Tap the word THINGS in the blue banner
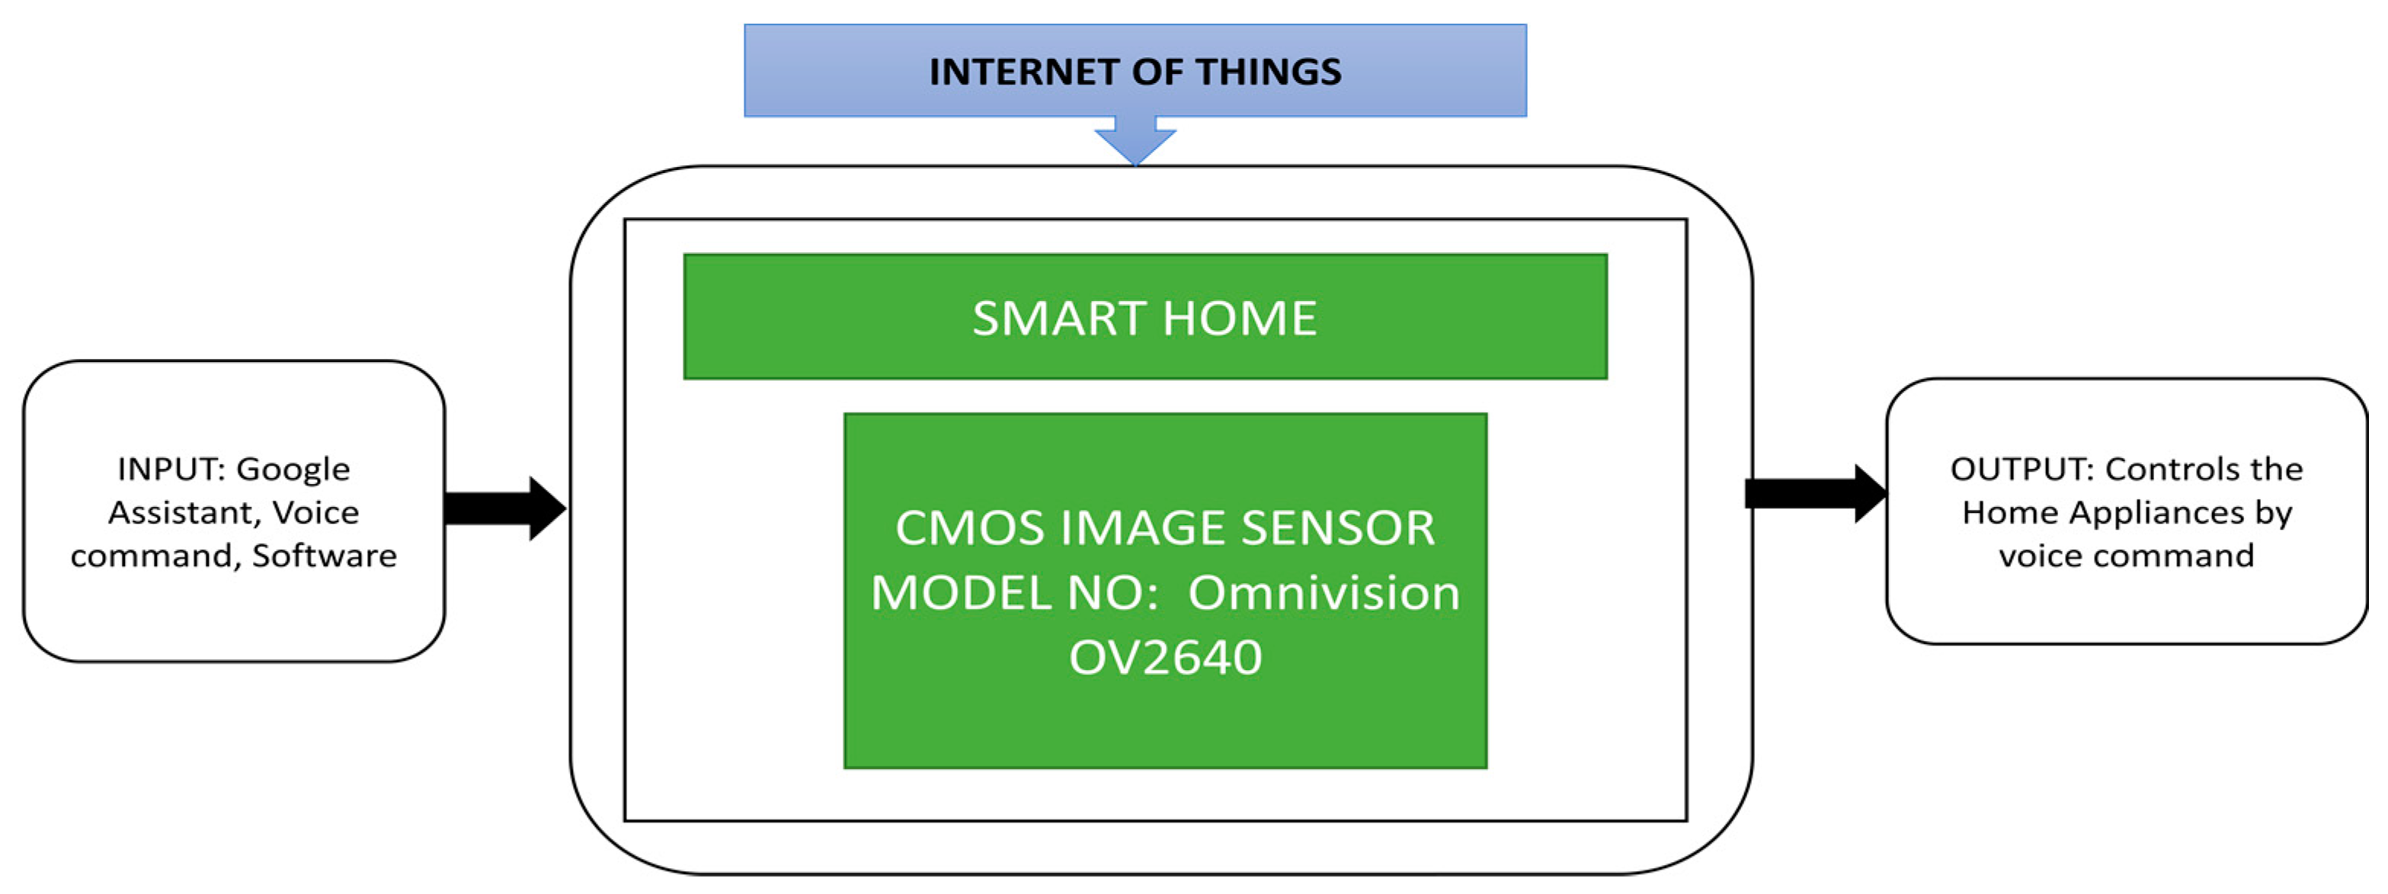[x=1268, y=72]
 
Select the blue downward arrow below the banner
[x=1135, y=140]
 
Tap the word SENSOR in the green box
[x=1338, y=527]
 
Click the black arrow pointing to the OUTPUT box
[x=1815, y=493]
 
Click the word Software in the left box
[x=324, y=556]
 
